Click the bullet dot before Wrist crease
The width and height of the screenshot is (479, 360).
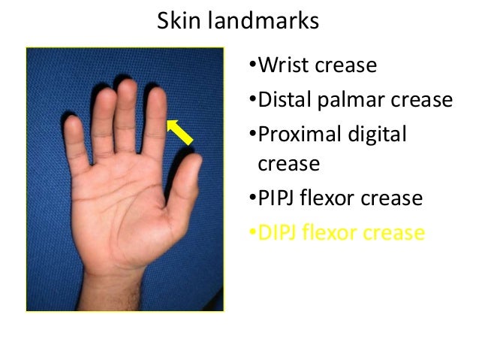tap(252, 67)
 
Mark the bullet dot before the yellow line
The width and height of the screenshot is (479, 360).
tap(252, 233)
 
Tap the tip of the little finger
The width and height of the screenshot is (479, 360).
tap(72, 123)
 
